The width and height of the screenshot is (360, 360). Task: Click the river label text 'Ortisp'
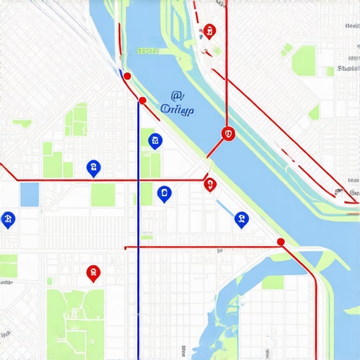177,109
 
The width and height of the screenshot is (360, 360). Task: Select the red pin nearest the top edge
209,31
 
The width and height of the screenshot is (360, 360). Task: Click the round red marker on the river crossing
227,133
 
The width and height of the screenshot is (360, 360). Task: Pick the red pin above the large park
92,271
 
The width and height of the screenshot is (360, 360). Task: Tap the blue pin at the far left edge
8,219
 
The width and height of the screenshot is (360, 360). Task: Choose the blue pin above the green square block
92,167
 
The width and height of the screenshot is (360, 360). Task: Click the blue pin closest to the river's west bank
241,219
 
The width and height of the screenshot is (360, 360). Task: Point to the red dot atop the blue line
143,101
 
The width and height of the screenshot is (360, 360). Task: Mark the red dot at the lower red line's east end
281,242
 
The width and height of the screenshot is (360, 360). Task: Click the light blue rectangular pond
30,194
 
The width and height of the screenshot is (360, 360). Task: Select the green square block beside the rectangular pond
103,195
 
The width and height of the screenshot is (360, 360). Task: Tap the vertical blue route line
139,281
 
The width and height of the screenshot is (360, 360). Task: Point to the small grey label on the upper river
148,51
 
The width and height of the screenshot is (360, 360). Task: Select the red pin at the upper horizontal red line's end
209,184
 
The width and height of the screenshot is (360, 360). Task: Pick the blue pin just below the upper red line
165,193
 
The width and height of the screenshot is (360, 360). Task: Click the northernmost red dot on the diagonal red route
127,75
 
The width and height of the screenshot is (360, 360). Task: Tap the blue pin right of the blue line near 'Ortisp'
155,141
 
